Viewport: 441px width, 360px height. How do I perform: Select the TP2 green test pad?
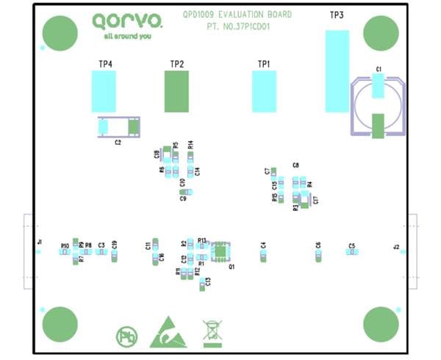[176, 91]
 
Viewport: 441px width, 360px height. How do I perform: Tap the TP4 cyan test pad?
[104, 91]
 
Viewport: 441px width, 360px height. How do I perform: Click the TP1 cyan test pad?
[264, 91]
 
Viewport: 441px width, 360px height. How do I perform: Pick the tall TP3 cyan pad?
[337, 71]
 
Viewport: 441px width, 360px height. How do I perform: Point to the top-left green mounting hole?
[60, 32]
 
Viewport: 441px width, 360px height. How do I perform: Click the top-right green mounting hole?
[381, 32]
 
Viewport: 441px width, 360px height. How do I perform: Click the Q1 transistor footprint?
[220, 251]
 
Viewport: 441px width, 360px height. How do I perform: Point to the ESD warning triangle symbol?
[168, 334]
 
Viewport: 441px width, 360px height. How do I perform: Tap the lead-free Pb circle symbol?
[126, 337]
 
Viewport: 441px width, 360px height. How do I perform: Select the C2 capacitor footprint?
[118, 127]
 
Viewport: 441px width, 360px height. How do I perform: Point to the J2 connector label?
[396, 247]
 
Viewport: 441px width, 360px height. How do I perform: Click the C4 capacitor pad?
[263, 255]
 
